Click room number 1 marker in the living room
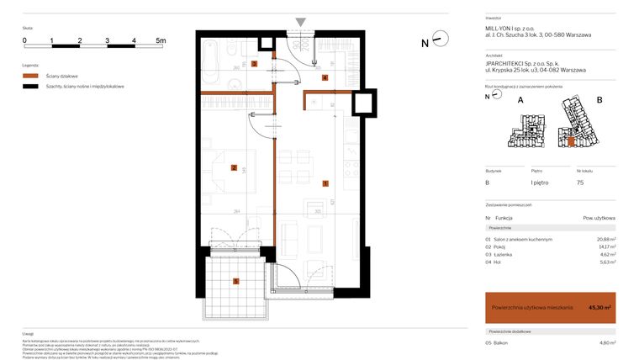tap(325, 183)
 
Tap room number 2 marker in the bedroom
tap(234, 167)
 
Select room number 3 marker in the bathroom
tap(254, 64)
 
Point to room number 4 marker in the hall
tap(325, 78)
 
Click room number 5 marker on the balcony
tap(236, 281)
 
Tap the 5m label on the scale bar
tap(161, 40)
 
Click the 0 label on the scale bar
tap(24, 40)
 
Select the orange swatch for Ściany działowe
tap(31, 76)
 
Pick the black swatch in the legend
tap(31, 86)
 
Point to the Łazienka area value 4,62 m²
tap(606, 254)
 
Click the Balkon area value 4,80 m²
tap(606, 342)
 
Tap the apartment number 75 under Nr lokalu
tap(580, 183)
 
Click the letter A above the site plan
tap(520, 99)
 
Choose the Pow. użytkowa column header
tap(599, 218)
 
